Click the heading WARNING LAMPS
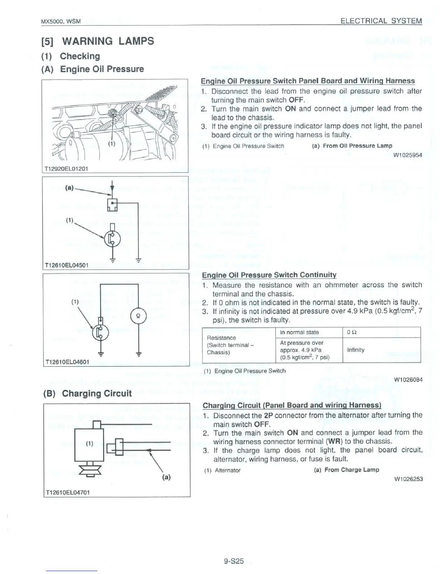coord(108,41)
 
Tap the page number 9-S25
coord(233,561)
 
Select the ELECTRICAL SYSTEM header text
coord(381,21)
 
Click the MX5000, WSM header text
coord(61,21)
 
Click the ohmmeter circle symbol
coord(138,315)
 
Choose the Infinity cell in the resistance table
coord(356,350)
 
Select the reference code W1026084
coord(408,380)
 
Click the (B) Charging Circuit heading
coord(87,394)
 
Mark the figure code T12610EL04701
coord(67,492)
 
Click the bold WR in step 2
coord(333,441)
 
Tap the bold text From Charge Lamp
coord(351,470)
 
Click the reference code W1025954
coord(408,155)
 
